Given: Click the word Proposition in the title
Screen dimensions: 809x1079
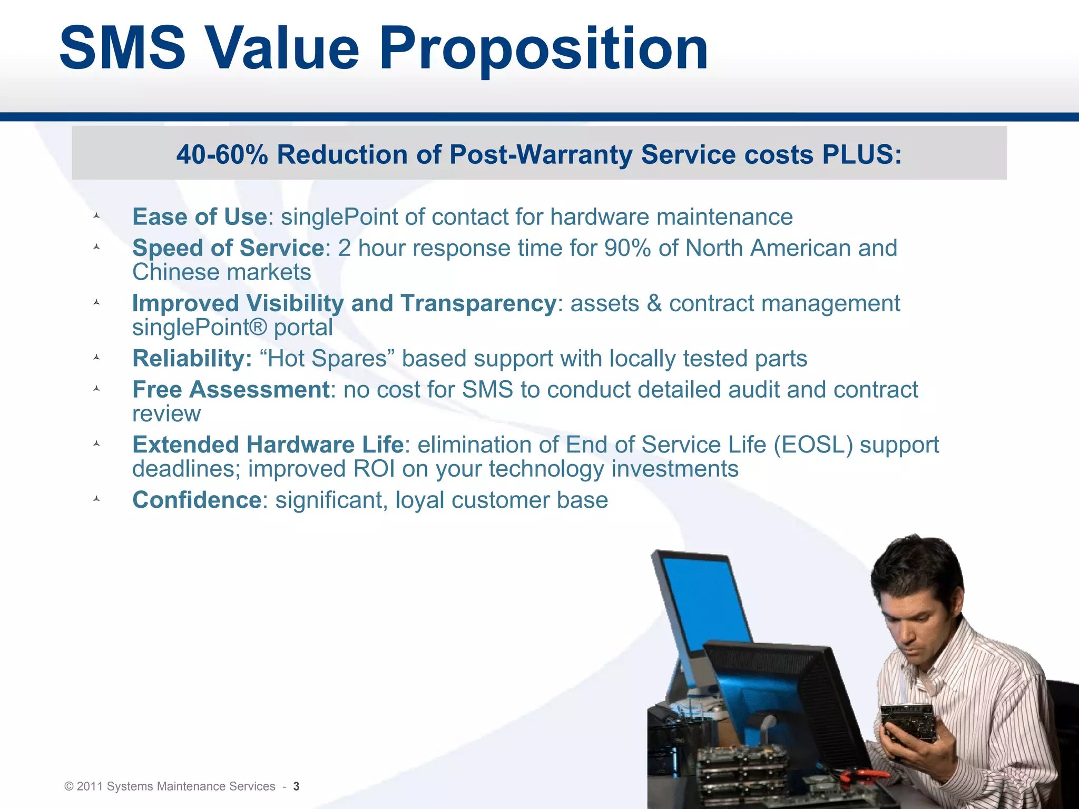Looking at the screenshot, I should click(543, 50).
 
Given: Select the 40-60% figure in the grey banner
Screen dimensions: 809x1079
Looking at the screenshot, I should click(222, 155).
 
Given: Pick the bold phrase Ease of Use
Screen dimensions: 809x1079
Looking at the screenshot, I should click(199, 217).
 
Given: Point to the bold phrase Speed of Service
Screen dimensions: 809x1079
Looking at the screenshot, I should click(228, 248).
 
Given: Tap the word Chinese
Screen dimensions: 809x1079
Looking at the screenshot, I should click(176, 272).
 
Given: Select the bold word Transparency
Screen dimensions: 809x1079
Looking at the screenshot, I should click(478, 303).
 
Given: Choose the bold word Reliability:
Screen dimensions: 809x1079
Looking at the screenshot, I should click(192, 359).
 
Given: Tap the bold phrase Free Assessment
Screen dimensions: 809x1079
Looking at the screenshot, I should click(231, 390).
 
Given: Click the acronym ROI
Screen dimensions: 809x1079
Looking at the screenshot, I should click(374, 469).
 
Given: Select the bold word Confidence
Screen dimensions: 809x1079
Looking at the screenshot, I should click(197, 500).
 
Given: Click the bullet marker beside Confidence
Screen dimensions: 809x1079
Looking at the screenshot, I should click(96, 499).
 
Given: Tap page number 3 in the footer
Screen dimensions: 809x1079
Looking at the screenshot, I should click(296, 786).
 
